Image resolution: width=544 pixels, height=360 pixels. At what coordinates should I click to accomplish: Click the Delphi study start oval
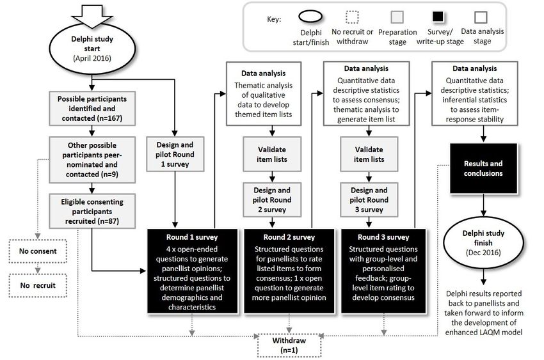(92, 49)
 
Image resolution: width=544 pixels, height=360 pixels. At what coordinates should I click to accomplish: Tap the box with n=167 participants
(92, 109)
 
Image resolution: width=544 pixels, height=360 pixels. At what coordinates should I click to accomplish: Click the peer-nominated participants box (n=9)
(92, 160)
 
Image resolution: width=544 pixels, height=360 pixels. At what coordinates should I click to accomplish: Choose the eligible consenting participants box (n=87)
(92, 211)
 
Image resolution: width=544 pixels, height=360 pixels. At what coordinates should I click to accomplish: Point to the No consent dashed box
(38, 251)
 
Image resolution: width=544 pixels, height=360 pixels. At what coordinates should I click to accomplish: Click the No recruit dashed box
(38, 285)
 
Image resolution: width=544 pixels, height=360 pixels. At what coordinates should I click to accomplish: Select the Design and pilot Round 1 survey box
(175, 154)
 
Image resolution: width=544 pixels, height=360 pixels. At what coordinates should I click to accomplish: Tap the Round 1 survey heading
(192, 237)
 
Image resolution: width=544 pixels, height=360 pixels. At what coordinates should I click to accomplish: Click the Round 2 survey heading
(289, 237)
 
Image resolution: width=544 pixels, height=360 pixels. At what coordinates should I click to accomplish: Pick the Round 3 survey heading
(383, 237)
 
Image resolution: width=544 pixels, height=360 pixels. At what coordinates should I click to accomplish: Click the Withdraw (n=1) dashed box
(289, 345)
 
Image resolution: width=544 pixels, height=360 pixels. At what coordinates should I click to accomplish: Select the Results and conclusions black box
(483, 168)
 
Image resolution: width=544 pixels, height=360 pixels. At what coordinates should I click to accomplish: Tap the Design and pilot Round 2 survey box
(272, 200)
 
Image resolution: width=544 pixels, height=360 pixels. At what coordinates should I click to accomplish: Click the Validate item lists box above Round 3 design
(369, 154)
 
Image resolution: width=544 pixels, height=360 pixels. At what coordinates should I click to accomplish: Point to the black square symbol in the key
(438, 17)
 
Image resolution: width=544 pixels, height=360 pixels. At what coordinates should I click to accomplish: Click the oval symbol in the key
(310, 16)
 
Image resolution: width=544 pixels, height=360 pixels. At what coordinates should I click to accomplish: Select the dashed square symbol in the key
(352, 17)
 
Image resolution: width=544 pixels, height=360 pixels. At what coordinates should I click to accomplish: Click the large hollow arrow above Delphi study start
(92, 16)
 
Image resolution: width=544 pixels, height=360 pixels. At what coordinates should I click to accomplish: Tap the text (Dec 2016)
(483, 252)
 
